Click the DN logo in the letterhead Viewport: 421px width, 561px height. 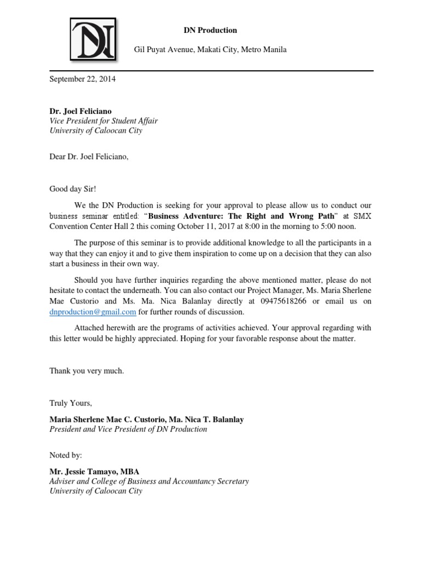click(x=93, y=39)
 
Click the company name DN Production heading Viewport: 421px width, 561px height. click(x=210, y=30)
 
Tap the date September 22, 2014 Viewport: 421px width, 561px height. click(x=82, y=79)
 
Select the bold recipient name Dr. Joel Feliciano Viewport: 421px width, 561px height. click(x=80, y=111)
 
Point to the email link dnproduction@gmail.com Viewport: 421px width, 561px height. click(x=93, y=312)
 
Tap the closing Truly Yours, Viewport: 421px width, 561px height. click(x=71, y=403)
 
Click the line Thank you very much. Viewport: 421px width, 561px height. click(x=87, y=371)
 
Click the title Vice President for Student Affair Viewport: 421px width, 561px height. click(x=104, y=121)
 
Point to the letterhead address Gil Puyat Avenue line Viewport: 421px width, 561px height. click(x=210, y=50)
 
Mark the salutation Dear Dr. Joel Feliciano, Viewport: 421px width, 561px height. click(x=89, y=157)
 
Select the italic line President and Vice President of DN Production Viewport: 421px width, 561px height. click(x=128, y=430)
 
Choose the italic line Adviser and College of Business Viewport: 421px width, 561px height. click(x=149, y=481)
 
